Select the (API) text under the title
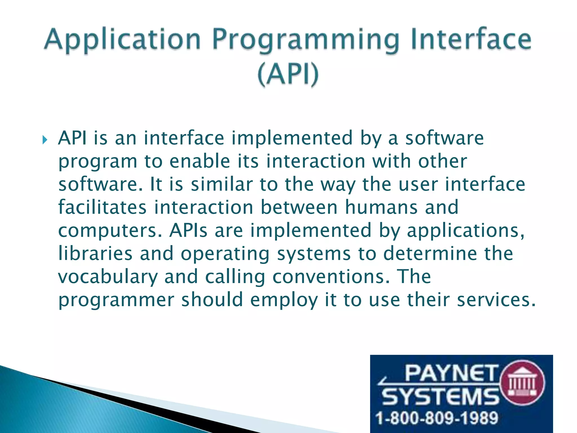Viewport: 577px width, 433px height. coord(288,74)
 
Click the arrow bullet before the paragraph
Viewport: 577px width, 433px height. coord(45,140)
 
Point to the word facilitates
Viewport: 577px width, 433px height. coord(102,207)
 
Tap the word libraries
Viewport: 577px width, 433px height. coord(95,253)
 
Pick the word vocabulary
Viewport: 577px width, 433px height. coord(108,277)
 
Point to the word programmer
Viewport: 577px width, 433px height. coord(116,300)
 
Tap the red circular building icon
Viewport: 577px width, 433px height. coord(523,383)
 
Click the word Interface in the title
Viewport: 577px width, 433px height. coord(471,39)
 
